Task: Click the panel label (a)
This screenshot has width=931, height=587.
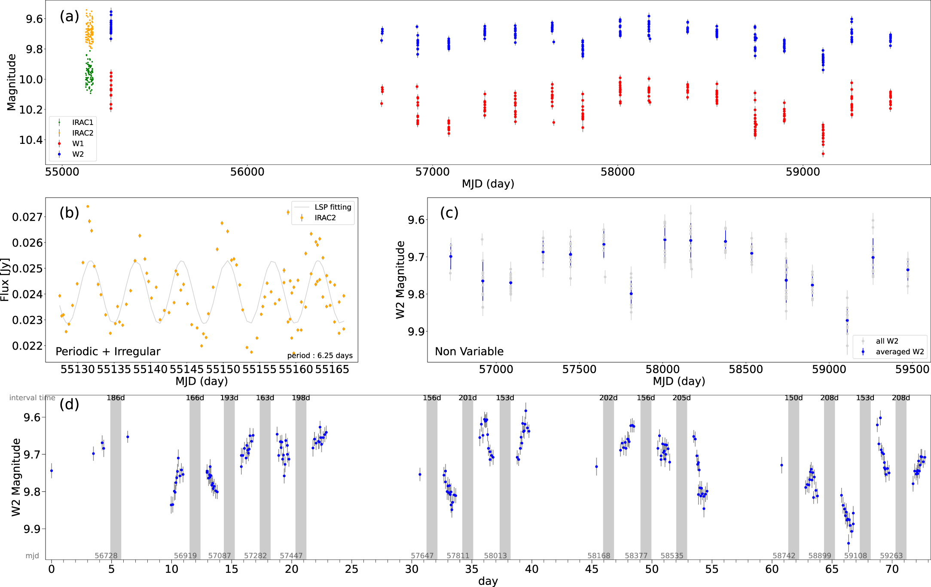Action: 69,16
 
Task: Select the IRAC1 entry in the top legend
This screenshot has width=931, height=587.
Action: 82,122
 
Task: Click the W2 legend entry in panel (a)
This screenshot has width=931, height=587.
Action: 78,154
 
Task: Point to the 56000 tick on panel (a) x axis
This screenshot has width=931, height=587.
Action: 247,172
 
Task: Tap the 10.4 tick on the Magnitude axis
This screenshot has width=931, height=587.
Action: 31,140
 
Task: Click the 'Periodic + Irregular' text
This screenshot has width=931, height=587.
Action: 108,352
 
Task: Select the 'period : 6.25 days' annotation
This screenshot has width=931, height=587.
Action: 320,356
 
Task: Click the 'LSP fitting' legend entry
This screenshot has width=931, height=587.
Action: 333,207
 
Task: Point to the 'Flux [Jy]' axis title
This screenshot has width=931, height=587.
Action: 5,280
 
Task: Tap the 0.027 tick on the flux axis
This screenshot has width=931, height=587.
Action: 27,217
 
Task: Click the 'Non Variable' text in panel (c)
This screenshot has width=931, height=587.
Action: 469,352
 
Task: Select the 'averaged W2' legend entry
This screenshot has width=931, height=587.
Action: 900,352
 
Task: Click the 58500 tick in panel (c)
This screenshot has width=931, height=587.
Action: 746,369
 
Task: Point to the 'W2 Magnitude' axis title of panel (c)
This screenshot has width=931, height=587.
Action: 400,280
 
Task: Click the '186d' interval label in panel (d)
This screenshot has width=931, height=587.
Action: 116,398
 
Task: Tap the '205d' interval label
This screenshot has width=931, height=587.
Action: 681,398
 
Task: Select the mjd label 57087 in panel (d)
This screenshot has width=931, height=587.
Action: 220,556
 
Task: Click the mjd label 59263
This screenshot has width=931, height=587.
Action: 891,556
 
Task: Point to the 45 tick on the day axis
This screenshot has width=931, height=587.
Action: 592,569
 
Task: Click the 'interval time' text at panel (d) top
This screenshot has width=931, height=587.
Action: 32,398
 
